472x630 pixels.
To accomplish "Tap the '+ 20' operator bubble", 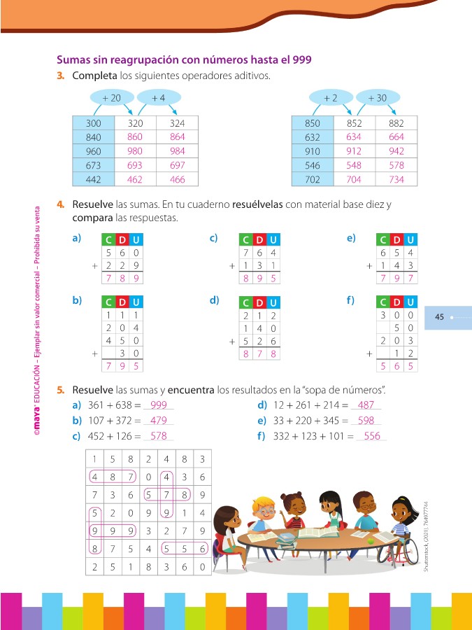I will (111, 99).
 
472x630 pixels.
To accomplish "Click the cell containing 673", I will (93, 165).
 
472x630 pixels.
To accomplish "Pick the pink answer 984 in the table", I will (177, 151).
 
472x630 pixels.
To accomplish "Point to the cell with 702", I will (313, 179).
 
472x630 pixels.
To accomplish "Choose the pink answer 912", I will (354, 151).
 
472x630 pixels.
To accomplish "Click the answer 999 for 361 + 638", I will (158, 405).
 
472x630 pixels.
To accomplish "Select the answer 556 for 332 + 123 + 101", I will (372, 436).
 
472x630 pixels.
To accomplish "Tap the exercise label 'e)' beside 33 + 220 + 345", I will (262, 421).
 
